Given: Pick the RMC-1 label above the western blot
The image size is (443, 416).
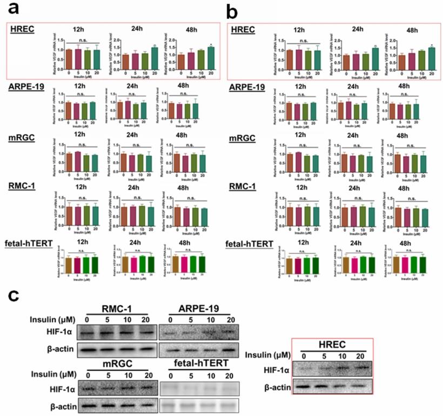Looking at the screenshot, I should [x=116, y=310].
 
